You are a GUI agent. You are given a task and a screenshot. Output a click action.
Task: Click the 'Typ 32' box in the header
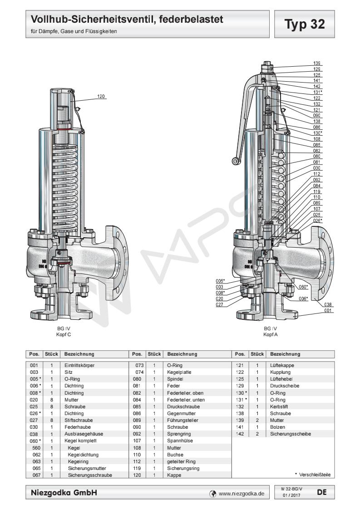pos(305,24)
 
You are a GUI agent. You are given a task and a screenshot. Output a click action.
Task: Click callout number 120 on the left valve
pos(101,96)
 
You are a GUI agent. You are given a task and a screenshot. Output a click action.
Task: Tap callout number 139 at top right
pos(317,63)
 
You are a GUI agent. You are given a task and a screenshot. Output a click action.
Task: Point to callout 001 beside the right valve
pos(329,311)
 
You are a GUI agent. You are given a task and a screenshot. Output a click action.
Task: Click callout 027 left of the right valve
pos(220,305)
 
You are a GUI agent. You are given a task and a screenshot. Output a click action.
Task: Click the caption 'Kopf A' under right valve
pos(271,334)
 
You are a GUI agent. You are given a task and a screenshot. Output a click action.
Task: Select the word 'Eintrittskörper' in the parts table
pos(79,365)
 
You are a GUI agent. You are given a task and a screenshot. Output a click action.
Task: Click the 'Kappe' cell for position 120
pos(174,475)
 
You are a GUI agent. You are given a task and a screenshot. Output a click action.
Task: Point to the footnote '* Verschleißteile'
pos(313,475)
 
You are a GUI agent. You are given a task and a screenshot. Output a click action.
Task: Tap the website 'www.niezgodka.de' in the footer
pos(241,493)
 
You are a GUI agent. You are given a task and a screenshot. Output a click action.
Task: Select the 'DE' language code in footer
pos(322,491)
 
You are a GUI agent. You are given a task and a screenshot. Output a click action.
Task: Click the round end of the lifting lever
pos(235,161)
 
